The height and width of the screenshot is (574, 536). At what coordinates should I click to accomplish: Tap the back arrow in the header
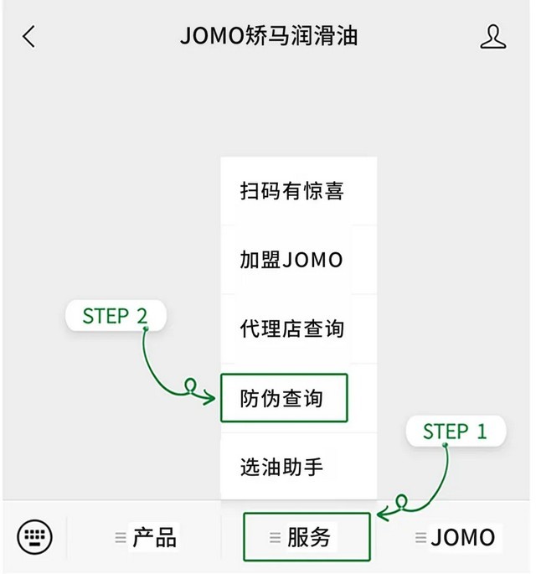(x=29, y=37)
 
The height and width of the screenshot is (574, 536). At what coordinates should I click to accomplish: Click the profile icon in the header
(x=493, y=37)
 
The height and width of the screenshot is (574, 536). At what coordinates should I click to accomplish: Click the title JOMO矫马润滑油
(x=269, y=37)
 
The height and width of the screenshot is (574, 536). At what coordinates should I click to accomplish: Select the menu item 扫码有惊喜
(x=291, y=191)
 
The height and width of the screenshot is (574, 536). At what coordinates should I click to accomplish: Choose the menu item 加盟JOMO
(x=291, y=260)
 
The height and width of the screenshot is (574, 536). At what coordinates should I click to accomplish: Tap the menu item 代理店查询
(x=291, y=328)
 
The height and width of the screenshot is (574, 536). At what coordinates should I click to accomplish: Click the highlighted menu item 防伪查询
(x=283, y=398)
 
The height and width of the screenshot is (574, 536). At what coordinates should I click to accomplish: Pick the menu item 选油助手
(x=281, y=467)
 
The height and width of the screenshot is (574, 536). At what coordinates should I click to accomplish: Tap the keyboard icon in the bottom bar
(x=34, y=535)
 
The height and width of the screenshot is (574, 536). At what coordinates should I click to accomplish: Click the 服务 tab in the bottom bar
(x=307, y=537)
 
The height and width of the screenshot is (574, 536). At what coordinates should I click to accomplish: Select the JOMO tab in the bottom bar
(x=462, y=537)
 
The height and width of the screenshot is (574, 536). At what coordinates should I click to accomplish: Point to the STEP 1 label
(x=455, y=432)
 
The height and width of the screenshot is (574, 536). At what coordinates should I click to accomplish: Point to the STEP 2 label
(x=116, y=316)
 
